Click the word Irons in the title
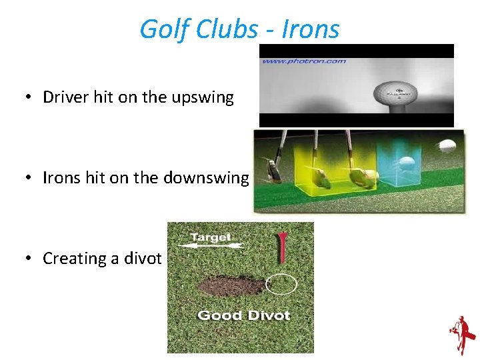[311, 29]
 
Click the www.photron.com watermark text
[304, 61]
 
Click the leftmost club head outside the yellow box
[273, 169]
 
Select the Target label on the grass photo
[210, 237]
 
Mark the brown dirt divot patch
[231, 285]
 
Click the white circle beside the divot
[281, 284]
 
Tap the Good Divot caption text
[243, 315]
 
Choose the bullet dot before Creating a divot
[27, 259]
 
